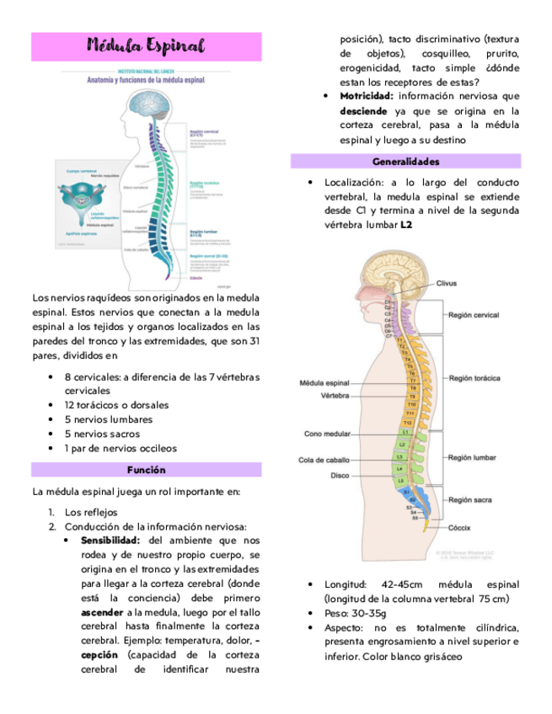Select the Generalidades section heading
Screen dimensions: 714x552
click(x=405, y=161)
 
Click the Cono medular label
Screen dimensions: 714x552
click(x=326, y=434)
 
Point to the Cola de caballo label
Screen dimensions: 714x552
click(x=324, y=460)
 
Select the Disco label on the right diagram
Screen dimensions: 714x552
click(x=340, y=475)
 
